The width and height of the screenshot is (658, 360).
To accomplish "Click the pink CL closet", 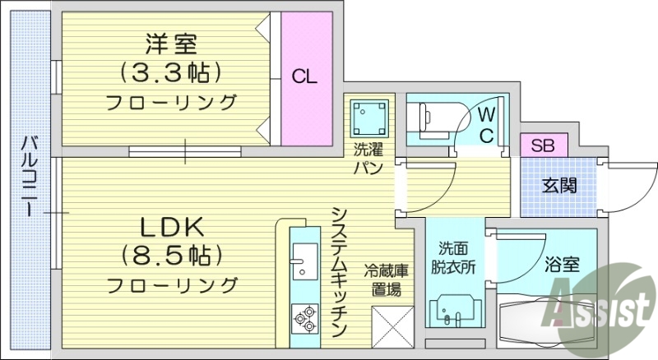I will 305,78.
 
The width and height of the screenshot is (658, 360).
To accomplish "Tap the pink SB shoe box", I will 541,146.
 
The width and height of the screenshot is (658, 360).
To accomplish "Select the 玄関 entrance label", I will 558,185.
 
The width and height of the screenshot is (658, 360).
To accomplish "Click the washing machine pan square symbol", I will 368,118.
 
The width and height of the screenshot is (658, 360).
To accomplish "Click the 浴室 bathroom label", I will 563,265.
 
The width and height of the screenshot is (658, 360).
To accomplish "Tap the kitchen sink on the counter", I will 303,262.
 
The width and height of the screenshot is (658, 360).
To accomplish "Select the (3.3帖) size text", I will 170,73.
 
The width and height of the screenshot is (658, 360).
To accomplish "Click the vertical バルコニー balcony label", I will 27,177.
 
